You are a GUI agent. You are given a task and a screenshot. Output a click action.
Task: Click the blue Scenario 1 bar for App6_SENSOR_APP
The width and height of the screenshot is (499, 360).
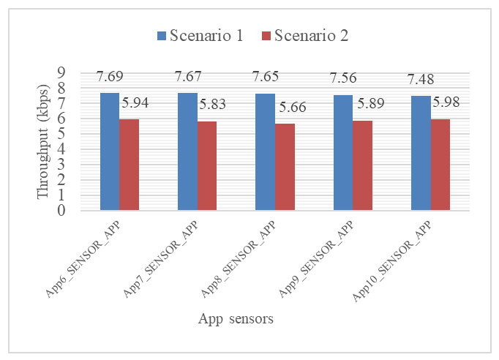coord(109,151)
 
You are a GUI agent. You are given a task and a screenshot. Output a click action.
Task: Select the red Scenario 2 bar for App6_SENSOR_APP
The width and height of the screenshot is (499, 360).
coord(129,165)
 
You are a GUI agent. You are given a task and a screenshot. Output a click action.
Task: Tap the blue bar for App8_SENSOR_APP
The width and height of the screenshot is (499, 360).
coord(265,152)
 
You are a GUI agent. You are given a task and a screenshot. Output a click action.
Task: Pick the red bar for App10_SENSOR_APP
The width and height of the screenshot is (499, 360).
coord(440,165)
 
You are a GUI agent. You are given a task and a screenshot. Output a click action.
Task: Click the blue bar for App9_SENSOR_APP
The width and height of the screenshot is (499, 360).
coord(342,153)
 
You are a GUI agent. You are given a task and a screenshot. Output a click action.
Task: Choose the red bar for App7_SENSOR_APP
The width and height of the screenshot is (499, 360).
coord(206,166)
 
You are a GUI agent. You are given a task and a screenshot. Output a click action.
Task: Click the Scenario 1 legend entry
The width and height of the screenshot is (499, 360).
coord(200,36)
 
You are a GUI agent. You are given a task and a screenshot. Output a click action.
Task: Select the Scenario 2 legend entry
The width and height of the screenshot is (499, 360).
coord(304,36)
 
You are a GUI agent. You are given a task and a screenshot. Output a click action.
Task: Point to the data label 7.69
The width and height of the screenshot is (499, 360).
coord(111,77)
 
